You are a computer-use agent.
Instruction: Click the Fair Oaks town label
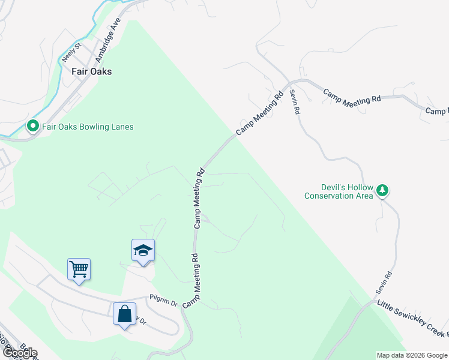(91, 71)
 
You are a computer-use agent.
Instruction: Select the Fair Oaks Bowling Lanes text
(87, 127)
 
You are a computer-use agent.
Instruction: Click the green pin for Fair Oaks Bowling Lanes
(32, 126)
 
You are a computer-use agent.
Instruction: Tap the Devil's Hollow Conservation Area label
(339, 191)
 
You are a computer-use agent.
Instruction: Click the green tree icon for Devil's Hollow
(382, 191)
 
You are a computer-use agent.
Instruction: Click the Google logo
(19, 353)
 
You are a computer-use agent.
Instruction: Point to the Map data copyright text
(412, 355)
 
